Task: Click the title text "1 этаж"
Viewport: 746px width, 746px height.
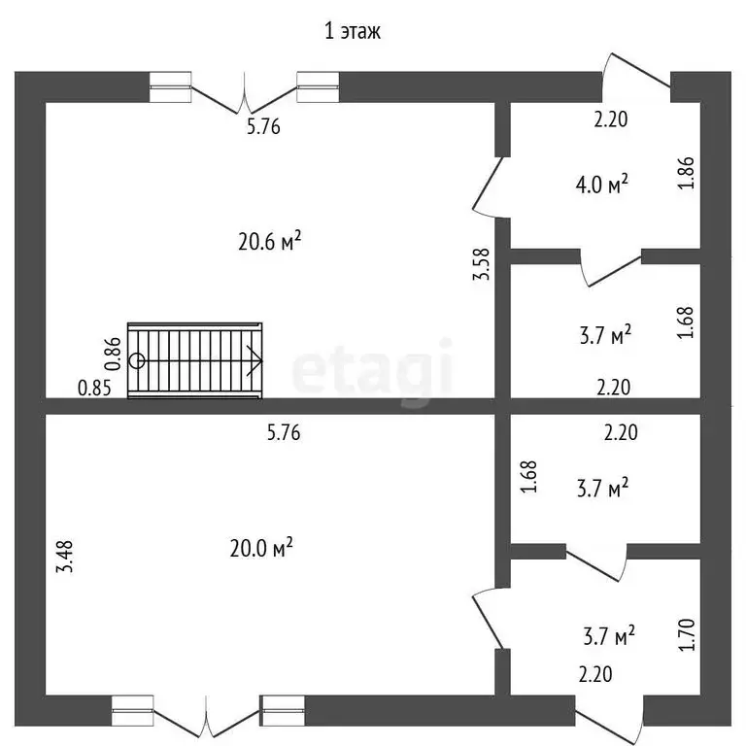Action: [x=353, y=32]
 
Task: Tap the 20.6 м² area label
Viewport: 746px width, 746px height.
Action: [x=269, y=242]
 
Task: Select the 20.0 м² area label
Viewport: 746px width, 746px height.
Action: [x=261, y=549]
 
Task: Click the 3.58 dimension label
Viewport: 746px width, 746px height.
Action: [x=481, y=265]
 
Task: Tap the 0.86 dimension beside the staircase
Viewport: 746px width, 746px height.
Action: [x=113, y=353]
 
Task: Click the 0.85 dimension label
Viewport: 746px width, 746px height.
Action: [x=95, y=388]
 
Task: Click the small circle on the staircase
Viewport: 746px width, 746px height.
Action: [x=138, y=360]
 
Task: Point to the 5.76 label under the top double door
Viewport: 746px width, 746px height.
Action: [x=263, y=126]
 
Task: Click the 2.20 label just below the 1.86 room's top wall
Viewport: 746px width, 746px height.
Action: [x=612, y=120]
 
